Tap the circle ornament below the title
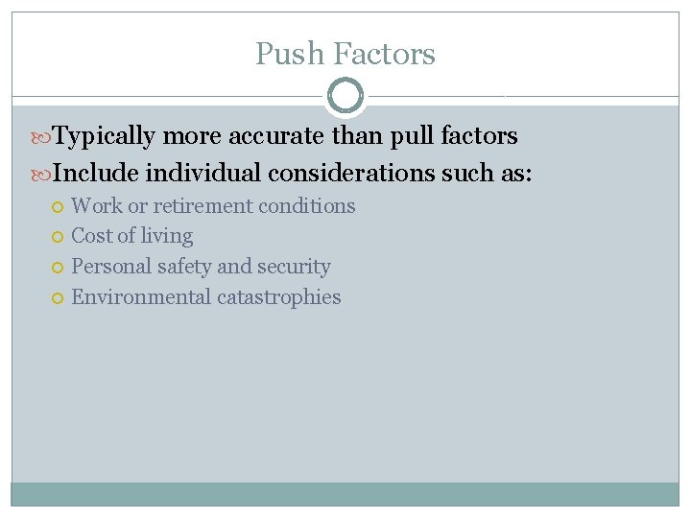[345, 96]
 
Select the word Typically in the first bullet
[104, 136]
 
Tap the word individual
[202, 174]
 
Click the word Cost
[92, 236]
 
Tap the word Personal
[108, 267]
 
